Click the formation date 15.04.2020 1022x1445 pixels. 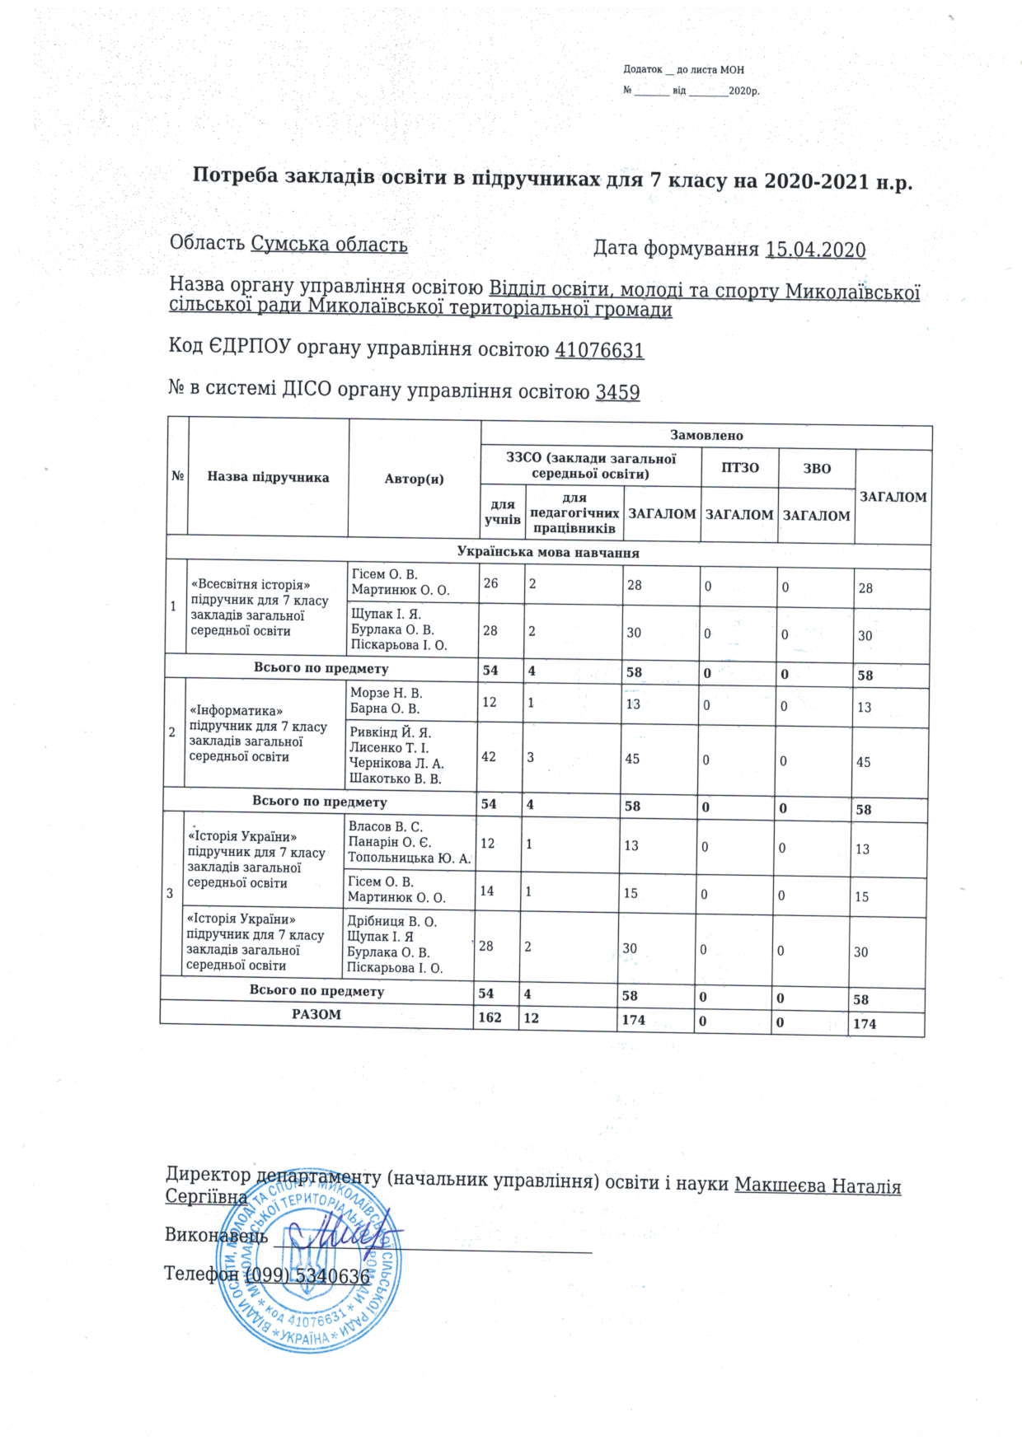coord(815,250)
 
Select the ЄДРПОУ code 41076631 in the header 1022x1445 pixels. coord(599,350)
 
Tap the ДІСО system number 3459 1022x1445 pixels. coord(617,392)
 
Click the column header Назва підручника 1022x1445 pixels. coord(268,477)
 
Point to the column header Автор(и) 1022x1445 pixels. coord(414,479)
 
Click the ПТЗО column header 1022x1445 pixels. coord(739,468)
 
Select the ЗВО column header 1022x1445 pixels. coord(817,469)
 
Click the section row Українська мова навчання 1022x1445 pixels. coord(548,553)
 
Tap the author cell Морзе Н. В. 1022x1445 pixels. coord(386,693)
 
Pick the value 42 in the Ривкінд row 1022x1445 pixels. coord(489,756)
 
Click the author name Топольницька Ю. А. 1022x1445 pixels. coord(409,858)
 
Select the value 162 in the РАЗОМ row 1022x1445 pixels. coord(490,1017)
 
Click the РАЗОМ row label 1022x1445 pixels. coord(316,1015)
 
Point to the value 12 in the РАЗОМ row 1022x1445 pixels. coord(531,1018)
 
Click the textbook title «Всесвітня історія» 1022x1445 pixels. coord(251,585)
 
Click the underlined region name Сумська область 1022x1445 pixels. coord(329,244)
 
